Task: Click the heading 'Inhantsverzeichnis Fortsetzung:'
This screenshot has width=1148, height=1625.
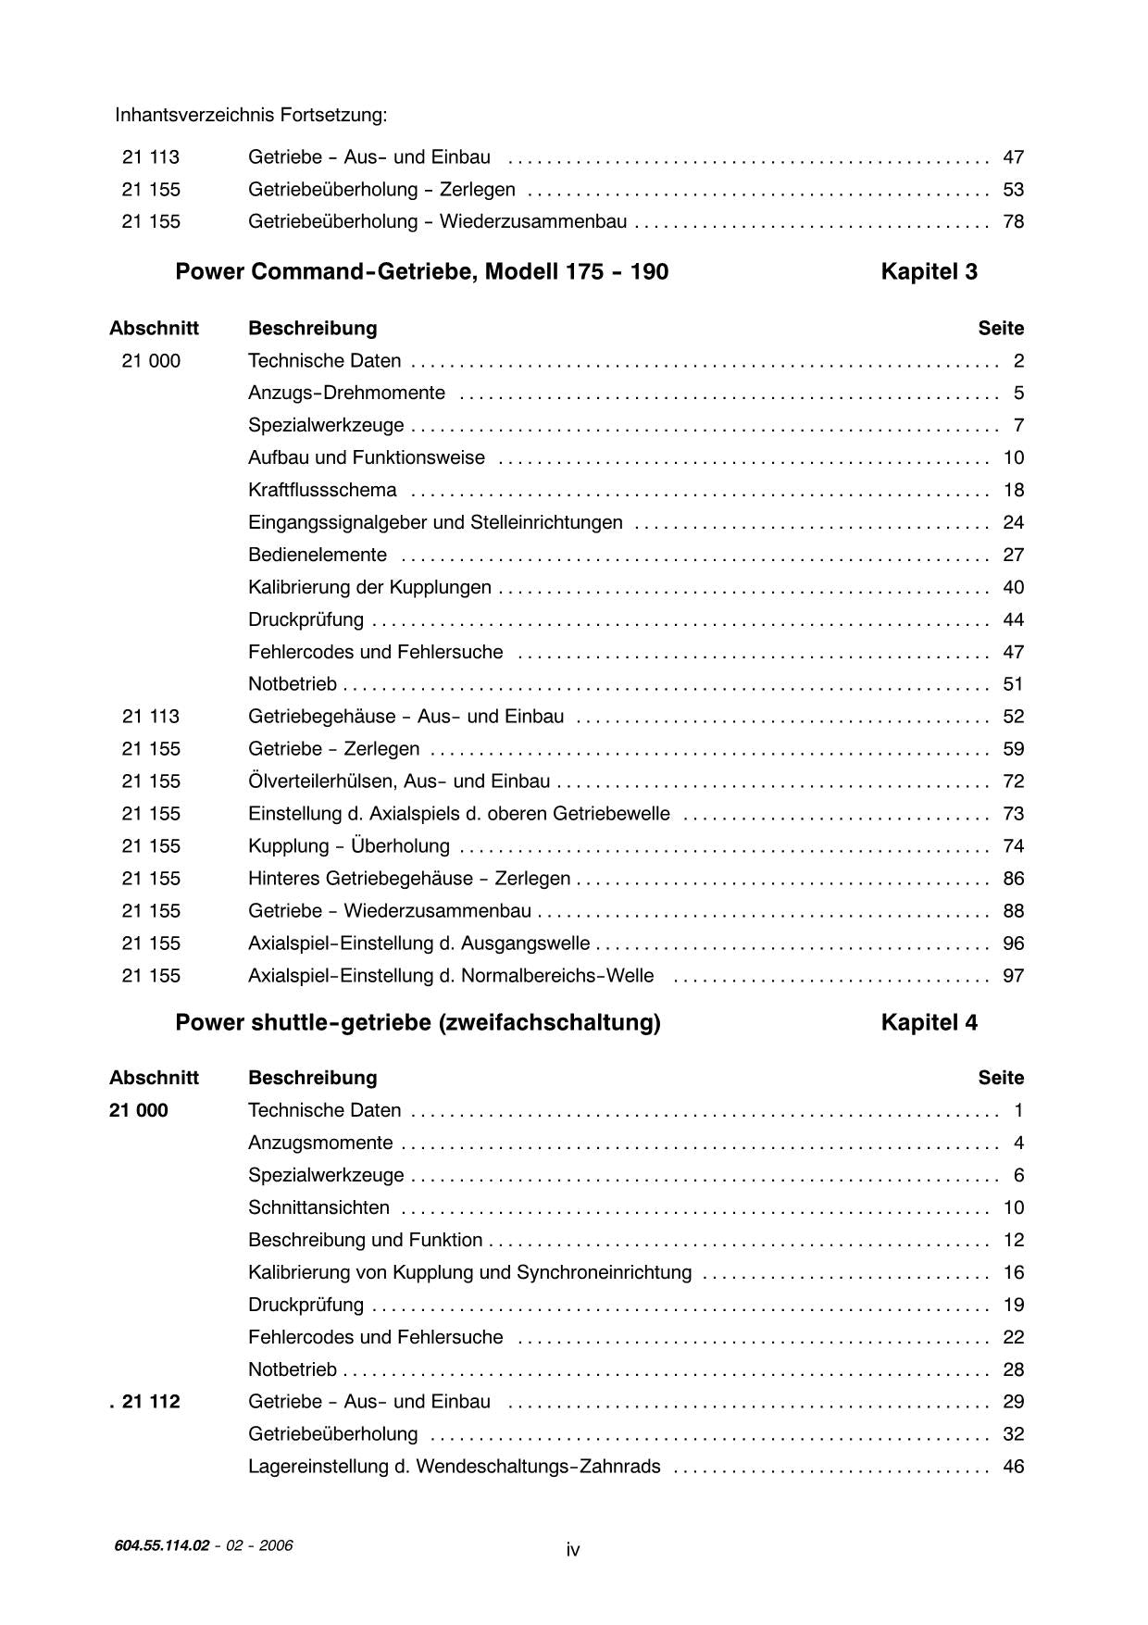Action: point(251,116)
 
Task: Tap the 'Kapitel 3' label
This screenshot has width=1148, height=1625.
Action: point(929,272)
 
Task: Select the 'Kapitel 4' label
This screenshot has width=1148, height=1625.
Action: point(929,1023)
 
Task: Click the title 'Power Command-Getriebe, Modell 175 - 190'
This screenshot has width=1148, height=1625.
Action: point(421,272)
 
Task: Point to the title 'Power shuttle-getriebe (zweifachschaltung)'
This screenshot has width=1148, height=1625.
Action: point(418,1023)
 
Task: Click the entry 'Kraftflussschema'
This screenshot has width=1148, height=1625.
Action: point(322,490)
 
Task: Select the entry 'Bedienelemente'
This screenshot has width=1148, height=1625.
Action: point(318,555)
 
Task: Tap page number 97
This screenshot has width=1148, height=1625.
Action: point(1013,976)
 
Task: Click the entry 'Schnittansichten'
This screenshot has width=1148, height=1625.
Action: point(318,1207)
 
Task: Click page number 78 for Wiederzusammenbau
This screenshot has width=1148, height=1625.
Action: point(1013,222)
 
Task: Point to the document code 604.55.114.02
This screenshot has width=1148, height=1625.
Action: point(162,1545)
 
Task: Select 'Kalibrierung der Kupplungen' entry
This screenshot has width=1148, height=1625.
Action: point(369,587)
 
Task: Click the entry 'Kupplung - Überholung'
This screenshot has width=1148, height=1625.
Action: point(349,846)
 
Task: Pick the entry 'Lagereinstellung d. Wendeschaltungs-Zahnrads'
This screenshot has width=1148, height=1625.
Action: point(454,1467)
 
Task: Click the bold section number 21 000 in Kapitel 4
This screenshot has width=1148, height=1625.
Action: point(139,1110)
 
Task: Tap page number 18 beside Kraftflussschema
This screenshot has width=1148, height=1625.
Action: point(1013,490)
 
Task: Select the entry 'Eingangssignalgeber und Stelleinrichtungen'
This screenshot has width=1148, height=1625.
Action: point(435,522)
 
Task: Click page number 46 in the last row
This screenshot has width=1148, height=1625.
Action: point(1013,1467)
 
